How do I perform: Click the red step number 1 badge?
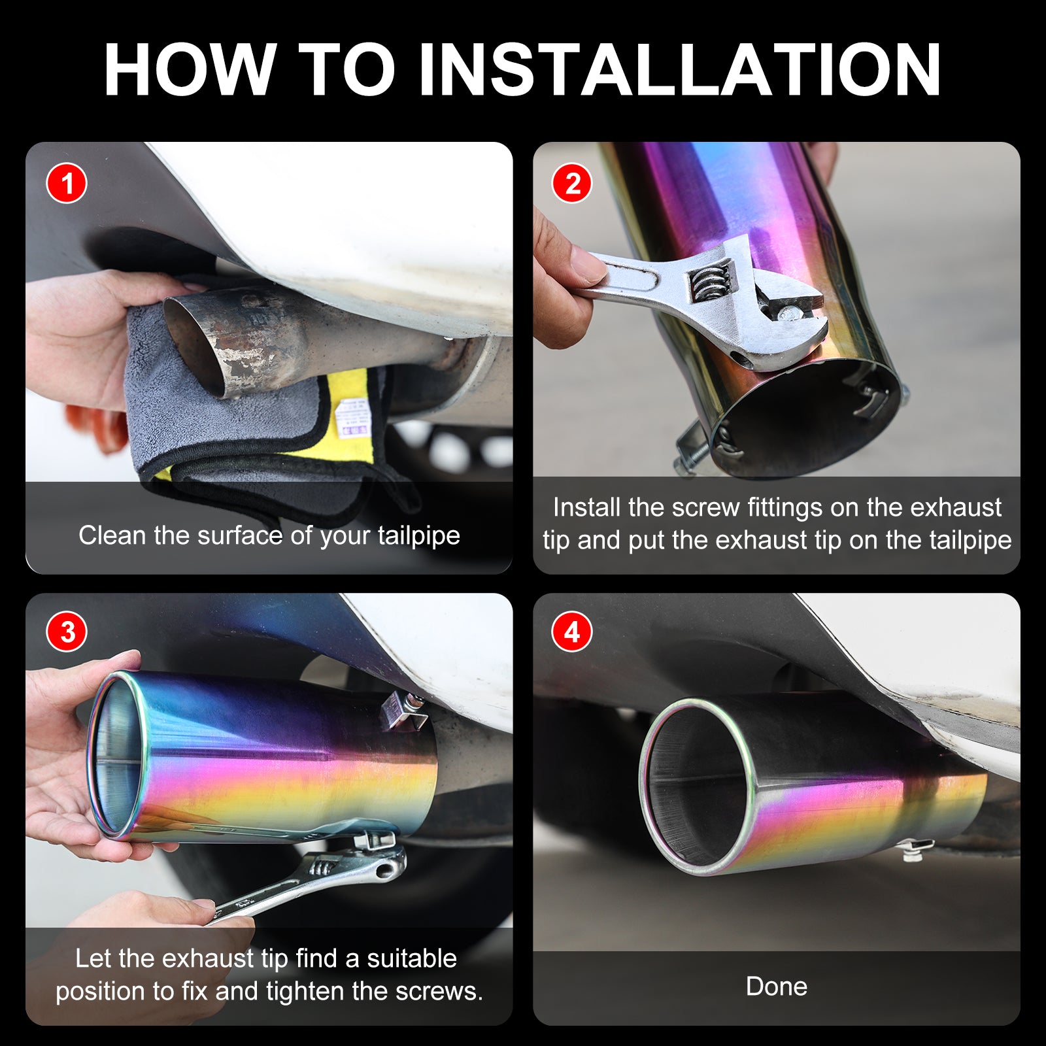[67, 183]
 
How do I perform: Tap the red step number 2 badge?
[572, 183]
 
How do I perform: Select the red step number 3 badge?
[67, 632]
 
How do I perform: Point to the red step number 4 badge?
[572, 632]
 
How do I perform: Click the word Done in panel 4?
[777, 987]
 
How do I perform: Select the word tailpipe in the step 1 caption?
[418, 536]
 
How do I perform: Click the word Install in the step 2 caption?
[586, 507]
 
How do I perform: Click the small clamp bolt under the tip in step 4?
[913, 849]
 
